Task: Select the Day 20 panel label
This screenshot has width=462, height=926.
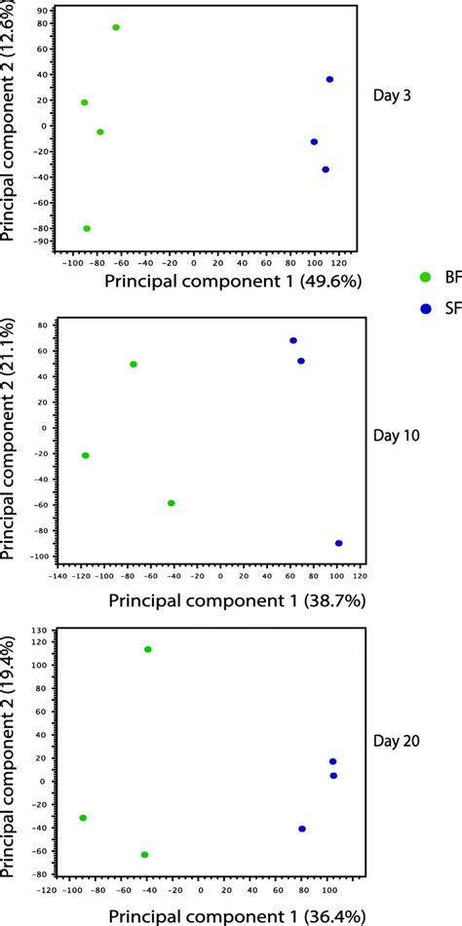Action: [x=399, y=741]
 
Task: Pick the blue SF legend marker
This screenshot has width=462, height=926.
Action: [x=425, y=309]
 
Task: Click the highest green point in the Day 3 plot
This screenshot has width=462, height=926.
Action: [x=116, y=27]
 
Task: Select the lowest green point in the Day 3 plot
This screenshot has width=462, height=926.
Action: [x=87, y=228]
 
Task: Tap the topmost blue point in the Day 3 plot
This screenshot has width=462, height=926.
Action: [x=329, y=80]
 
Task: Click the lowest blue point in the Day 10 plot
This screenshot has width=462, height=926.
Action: [x=338, y=543]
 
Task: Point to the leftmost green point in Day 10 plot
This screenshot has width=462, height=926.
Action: [x=86, y=455]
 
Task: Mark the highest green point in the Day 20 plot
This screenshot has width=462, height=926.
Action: [x=148, y=649]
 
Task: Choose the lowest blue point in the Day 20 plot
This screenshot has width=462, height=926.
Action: [x=302, y=829]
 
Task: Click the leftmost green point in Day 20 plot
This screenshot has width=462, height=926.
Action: [x=83, y=818]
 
